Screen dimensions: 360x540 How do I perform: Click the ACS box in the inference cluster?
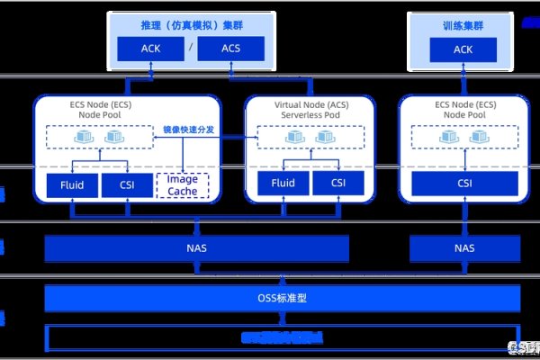(231, 49)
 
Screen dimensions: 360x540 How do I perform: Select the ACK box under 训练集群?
(463, 49)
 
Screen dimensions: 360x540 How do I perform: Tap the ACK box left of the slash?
(151, 49)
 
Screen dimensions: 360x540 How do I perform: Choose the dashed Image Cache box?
(182, 185)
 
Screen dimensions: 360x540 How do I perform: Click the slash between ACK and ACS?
(191, 49)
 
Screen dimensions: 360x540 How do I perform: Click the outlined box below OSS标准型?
(283, 338)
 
